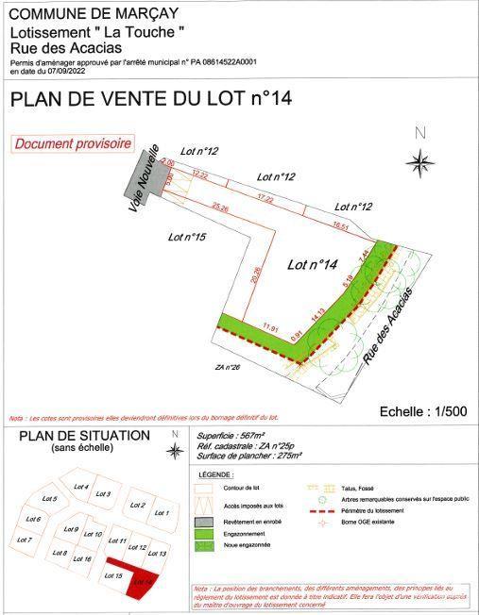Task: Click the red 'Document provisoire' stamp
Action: click(72, 144)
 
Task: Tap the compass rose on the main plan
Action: click(420, 163)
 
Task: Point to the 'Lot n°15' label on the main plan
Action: click(187, 237)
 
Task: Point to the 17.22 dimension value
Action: click(265, 199)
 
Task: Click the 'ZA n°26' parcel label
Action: click(231, 366)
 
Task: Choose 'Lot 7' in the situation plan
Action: click(24, 540)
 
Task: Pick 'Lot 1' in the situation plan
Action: click(160, 512)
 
